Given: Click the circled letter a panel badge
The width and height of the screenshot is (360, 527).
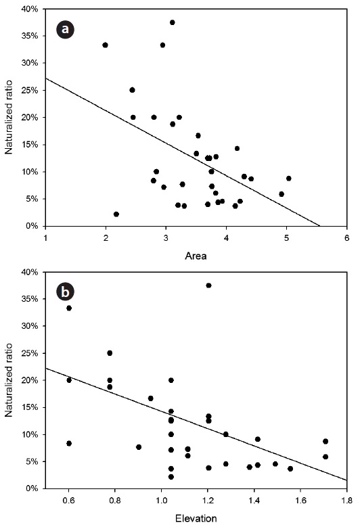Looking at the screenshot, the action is pos(65,29).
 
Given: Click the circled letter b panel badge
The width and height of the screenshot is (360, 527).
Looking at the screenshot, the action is pos(65,292).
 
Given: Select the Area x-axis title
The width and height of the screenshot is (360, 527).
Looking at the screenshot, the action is pos(196,256).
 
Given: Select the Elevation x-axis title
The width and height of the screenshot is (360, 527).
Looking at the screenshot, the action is pos(196,518).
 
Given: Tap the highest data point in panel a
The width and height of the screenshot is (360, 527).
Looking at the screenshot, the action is pos(173,22).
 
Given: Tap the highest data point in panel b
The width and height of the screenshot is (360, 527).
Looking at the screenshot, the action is pos(208,285).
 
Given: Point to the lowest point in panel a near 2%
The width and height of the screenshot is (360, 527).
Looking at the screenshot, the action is pos(116,214).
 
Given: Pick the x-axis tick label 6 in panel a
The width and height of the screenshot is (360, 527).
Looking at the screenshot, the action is pos(347,238).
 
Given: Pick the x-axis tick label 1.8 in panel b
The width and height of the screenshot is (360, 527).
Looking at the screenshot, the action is pos(347,501).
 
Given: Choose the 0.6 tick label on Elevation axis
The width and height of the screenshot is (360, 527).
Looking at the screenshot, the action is pos(68,501).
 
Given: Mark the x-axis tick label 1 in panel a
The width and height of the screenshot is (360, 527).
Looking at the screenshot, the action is pos(45,238).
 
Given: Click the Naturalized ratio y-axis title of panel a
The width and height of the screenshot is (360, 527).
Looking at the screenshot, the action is pos(8,117).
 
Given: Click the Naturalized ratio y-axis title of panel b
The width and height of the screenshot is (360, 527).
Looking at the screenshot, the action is pos(8,380).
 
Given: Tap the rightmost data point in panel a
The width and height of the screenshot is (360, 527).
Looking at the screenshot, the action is pos(289,179).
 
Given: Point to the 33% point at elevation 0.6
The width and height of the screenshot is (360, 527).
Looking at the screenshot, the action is pos(69,308).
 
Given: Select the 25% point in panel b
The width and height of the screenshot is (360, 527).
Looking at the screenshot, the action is pos(110,353).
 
